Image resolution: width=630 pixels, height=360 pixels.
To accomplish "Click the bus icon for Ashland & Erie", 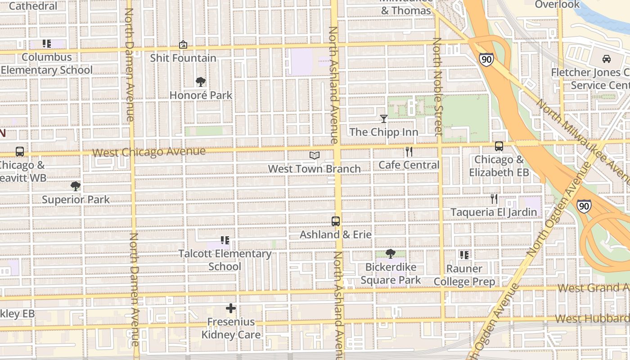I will (336, 221).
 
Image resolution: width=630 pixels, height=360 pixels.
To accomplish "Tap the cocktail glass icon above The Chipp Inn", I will (383, 119).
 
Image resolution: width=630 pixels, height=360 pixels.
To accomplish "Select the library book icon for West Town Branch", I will (315, 156).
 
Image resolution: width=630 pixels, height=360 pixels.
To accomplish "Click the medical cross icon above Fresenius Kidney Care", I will (231, 308).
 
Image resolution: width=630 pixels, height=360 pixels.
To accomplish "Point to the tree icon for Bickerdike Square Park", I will (391, 254).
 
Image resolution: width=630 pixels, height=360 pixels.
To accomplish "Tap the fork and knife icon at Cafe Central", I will (409, 152).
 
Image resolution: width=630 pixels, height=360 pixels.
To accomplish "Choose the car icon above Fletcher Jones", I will (606, 59).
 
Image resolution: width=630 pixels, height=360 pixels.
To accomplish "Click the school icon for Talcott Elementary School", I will (225, 241).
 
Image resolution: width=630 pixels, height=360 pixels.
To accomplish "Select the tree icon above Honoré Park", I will (201, 82).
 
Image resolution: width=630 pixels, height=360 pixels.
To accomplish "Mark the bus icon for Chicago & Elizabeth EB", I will (499, 146).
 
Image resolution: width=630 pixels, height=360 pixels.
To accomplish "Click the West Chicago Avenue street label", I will (149, 152).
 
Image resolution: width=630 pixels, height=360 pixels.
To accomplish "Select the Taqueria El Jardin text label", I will (494, 212).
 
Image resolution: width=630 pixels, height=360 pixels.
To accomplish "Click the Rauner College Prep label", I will (464, 275).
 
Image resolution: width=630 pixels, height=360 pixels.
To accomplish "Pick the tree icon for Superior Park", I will (76, 186).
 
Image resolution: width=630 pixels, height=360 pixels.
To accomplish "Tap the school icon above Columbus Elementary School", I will (47, 44).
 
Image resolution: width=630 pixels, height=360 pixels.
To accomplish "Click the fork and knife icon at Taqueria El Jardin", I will (494, 199).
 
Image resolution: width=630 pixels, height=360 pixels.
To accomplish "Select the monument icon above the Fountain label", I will (183, 45).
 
